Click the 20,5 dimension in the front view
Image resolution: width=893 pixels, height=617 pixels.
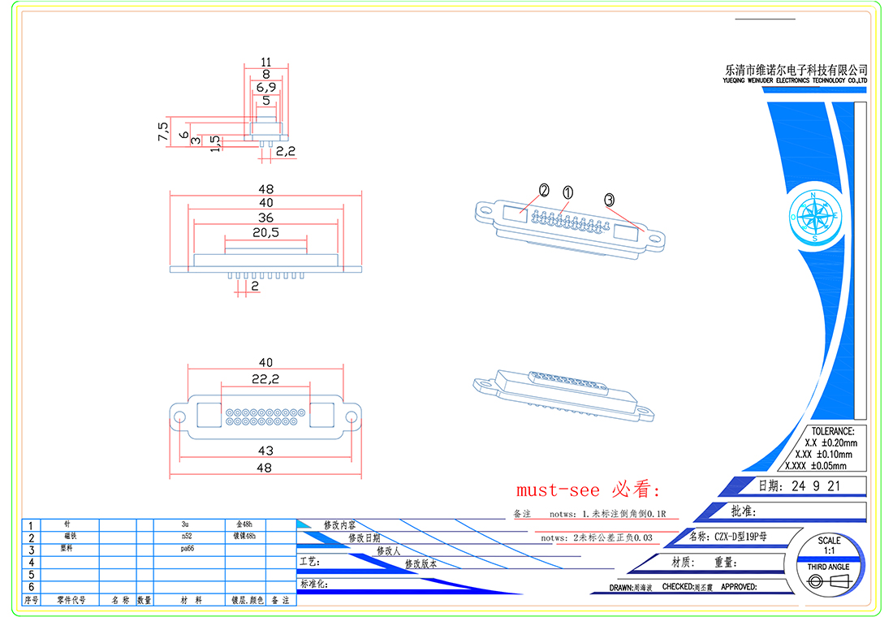[x=265, y=233]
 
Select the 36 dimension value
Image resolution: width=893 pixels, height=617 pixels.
[x=265, y=218]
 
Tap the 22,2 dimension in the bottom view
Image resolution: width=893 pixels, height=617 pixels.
[x=265, y=378]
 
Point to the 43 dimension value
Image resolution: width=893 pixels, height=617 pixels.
[x=265, y=450]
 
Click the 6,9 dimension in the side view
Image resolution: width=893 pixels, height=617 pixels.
[x=266, y=87]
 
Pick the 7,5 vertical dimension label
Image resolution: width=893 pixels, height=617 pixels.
[x=163, y=132]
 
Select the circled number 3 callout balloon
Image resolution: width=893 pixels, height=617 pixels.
[x=610, y=199]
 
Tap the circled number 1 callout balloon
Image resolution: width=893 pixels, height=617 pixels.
[x=567, y=192]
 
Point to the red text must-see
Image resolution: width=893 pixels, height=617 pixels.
[x=558, y=490]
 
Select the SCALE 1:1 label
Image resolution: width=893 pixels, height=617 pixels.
[x=829, y=546]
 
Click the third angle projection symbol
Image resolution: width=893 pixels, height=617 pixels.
[x=828, y=581]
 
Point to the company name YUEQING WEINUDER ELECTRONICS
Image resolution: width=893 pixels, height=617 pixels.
[x=796, y=82]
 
